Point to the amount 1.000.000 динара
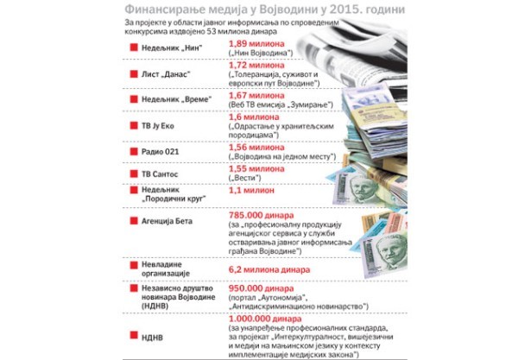(262, 319)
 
